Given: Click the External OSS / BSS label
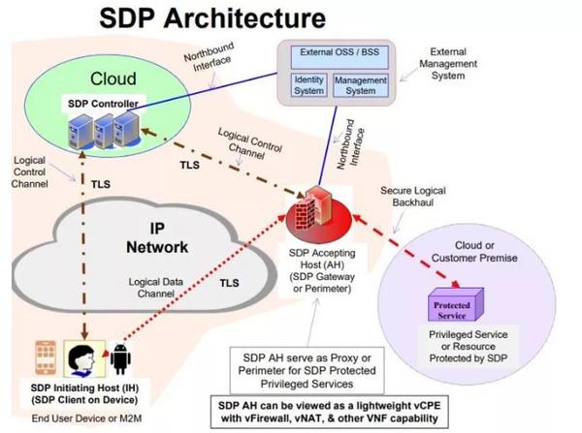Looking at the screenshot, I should tap(337, 54).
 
